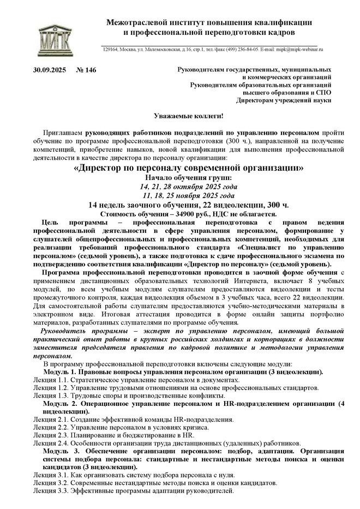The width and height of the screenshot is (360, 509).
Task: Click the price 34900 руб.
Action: point(190,214)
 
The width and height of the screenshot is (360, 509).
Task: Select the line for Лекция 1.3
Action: point(129,396)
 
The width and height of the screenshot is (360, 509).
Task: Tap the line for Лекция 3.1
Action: point(134,475)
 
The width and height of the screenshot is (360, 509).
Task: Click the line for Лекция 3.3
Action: point(134,491)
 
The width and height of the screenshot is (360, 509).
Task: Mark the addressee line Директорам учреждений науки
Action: point(283,100)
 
